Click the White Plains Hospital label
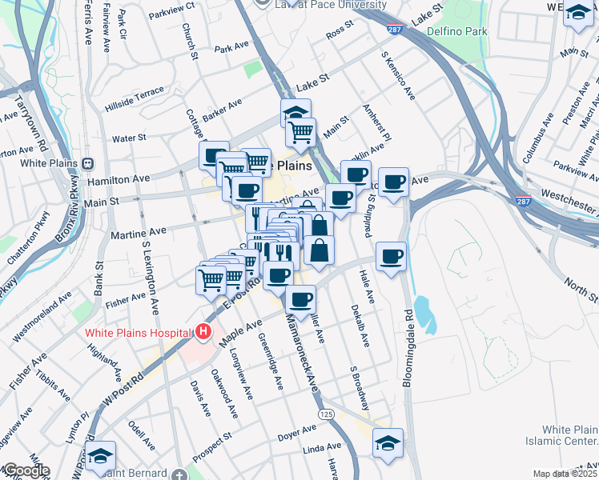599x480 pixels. click(x=139, y=332)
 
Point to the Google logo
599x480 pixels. click(x=26, y=470)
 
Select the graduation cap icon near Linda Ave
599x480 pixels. click(x=388, y=443)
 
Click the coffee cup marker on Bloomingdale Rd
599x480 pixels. click(x=390, y=257)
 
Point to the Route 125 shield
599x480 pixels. click(x=326, y=414)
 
